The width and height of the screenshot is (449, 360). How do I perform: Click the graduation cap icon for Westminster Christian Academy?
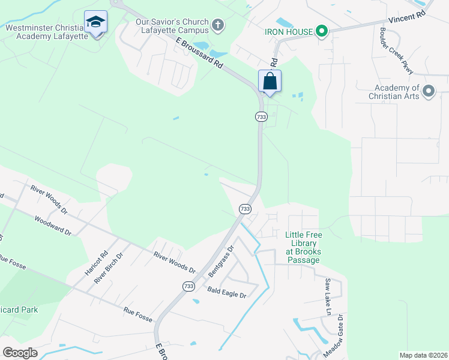tap(95, 22)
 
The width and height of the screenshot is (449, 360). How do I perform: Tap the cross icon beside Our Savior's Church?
tap(218, 25)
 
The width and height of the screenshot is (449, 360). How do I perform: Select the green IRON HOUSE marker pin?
tap(321, 31)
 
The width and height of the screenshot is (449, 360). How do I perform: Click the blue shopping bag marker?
tap(270, 81)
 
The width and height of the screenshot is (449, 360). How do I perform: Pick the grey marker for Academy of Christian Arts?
tap(429, 91)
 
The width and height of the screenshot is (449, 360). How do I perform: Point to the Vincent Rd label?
tap(406, 18)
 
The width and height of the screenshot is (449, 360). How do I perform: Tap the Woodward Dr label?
tap(53, 226)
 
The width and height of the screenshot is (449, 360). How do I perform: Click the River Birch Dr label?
tap(112, 263)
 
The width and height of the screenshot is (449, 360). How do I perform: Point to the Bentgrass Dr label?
tap(220, 260)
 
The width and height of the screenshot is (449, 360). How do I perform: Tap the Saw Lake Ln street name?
tap(328, 296)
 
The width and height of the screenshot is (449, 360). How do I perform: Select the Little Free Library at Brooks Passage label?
tap(303, 247)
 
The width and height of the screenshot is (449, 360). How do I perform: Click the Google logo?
tap(20, 352)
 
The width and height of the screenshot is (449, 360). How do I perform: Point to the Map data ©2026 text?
tap(423, 355)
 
